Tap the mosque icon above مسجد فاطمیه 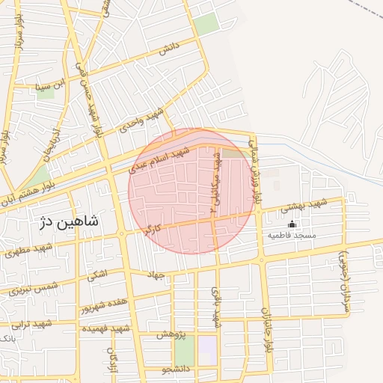click(292, 224)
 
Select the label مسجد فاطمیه click(292, 236)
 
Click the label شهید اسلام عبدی click(159, 159)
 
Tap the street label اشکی click(97, 275)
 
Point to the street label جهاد click(155, 276)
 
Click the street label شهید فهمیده click(105, 328)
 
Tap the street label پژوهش click(171, 334)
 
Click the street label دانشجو click(177, 369)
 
